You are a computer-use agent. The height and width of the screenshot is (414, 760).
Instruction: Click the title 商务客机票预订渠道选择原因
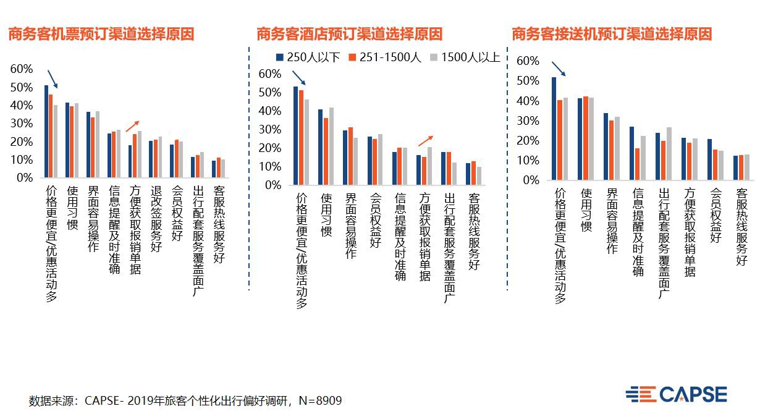click(101, 34)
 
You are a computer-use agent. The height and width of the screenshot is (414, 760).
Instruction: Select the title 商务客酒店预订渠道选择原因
click(349, 34)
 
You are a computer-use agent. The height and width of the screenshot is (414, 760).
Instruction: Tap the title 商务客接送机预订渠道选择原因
click(612, 34)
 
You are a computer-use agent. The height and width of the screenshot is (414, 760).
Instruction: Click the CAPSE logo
click(677, 394)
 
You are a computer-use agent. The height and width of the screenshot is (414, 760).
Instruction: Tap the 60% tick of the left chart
click(22, 69)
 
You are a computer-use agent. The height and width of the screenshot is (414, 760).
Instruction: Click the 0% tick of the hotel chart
click(273, 185)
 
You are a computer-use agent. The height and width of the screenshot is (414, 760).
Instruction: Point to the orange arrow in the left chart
click(132, 127)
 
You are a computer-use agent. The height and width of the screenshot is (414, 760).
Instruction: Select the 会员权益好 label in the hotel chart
click(374, 220)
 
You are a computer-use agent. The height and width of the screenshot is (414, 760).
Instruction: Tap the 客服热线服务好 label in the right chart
click(741, 226)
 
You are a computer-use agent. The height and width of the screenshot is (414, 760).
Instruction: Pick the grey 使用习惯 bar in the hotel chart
click(332, 146)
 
